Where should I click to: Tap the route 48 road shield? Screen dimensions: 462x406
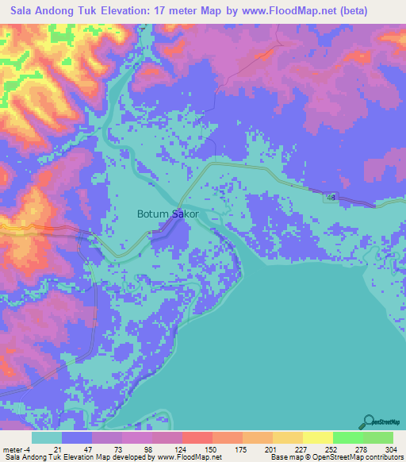[330, 197]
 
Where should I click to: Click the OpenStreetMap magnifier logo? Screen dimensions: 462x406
[368, 422]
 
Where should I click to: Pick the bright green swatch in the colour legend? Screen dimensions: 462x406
[347, 437]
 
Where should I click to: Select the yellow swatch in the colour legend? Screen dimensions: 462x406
[317, 437]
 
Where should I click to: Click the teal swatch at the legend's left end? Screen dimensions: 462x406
[47, 437]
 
